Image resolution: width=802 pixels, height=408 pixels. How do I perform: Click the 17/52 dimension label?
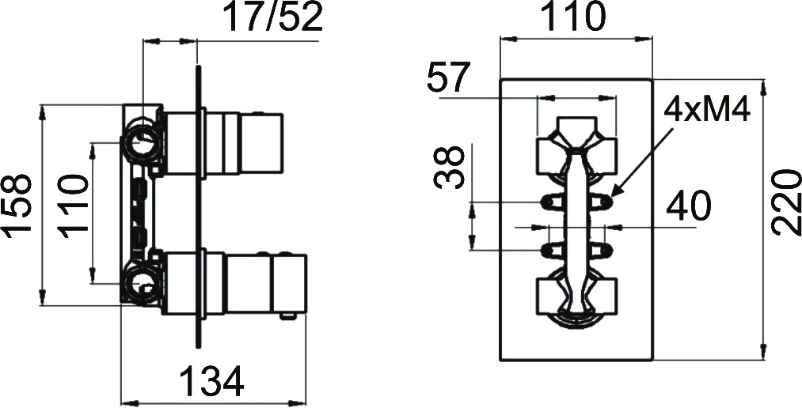[x=274, y=18]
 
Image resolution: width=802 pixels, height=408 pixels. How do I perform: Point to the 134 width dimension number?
[x=211, y=382]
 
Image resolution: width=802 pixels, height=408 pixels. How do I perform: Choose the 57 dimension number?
[x=449, y=77]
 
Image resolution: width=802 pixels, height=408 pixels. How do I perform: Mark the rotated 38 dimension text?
[x=449, y=167]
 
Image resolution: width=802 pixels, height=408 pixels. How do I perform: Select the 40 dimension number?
[x=689, y=206]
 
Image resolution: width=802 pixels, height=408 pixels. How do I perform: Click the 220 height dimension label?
[x=786, y=203]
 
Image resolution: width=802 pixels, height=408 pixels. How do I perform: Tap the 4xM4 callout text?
[x=708, y=110]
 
